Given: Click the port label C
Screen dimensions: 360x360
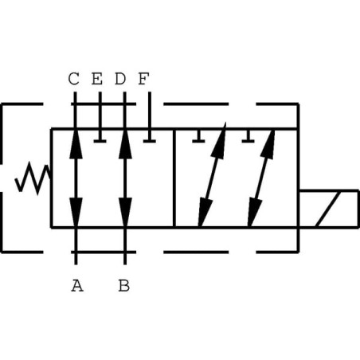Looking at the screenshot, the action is pos(73,79).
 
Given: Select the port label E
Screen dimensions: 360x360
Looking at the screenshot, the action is pos(97,79).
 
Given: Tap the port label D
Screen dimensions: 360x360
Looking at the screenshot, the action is pos(120,79).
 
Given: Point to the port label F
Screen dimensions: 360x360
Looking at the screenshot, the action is pos(143,79).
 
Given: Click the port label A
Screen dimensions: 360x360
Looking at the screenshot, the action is pos(77,286).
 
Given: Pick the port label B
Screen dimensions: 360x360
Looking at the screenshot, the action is pos(124,286).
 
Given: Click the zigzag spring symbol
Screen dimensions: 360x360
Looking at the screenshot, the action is pos(33,178).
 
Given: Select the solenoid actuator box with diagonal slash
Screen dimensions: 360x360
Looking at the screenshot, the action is pos(329,209).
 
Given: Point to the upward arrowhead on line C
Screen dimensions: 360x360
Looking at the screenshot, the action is pos(76,144).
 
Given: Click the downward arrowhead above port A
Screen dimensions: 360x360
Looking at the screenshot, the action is pos(76,213).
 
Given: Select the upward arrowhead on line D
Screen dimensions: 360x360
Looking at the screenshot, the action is pos(125,144).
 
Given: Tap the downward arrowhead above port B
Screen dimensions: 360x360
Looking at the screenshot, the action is pos(125,213).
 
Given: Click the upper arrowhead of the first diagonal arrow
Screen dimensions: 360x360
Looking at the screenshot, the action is pos(219,141).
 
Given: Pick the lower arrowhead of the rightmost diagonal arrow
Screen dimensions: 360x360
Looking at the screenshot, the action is pos(254,213).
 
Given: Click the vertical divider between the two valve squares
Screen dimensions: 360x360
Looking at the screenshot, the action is pos(174,178).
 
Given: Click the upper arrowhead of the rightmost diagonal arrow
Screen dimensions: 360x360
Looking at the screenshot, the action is pos(268,144).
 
